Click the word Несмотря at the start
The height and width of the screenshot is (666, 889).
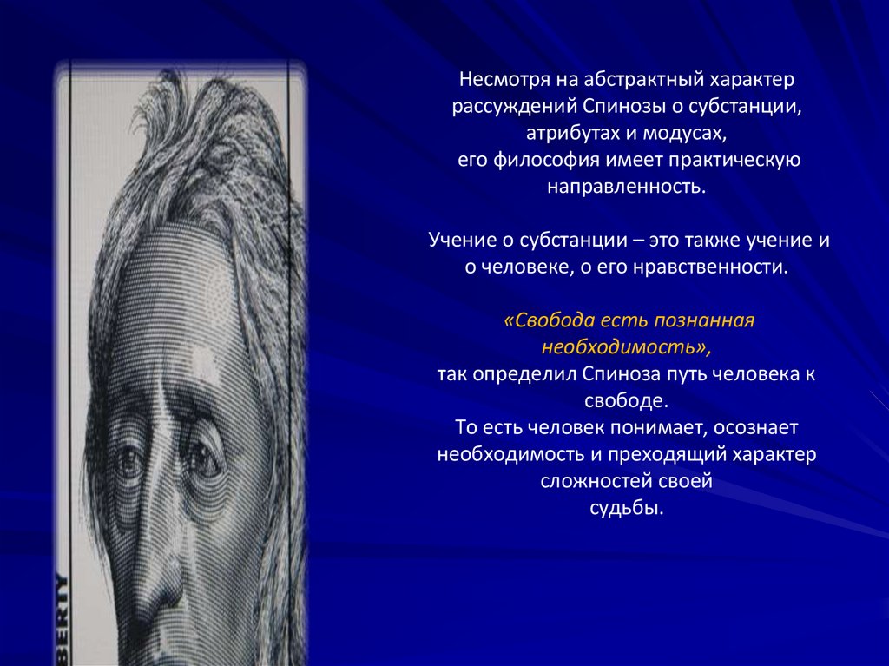[x=500, y=80]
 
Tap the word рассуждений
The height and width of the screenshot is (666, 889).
[x=503, y=107]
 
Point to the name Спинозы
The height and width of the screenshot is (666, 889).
[x=608, y=107]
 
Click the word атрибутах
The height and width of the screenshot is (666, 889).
[x=568, y=134]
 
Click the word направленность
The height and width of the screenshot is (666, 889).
[x=627, y=187]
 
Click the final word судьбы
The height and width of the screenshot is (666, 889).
[x=626, y=508]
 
